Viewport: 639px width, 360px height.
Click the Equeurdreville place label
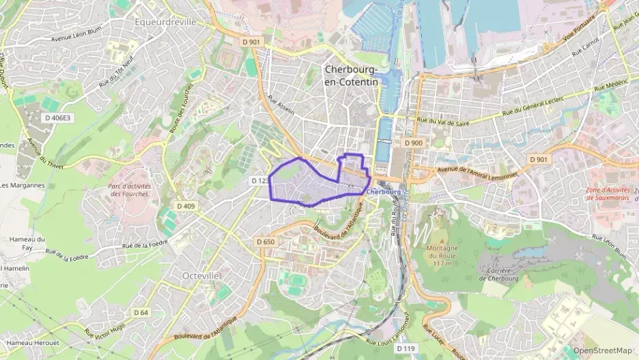click(165, 22)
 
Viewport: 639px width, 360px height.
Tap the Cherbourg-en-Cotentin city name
click(352, 75)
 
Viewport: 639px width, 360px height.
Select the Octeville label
click(201, 275)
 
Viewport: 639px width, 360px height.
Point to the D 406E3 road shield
click(57, 117)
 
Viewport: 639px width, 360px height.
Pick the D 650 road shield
click(265, 242)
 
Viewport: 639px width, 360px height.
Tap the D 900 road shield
click(413, 143)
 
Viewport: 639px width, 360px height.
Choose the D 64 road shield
click(141, 312)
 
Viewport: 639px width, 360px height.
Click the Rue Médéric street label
click(610, 87)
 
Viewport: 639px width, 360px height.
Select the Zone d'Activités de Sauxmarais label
click(610, 193)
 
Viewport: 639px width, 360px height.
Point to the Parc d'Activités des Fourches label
click(128, 189)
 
